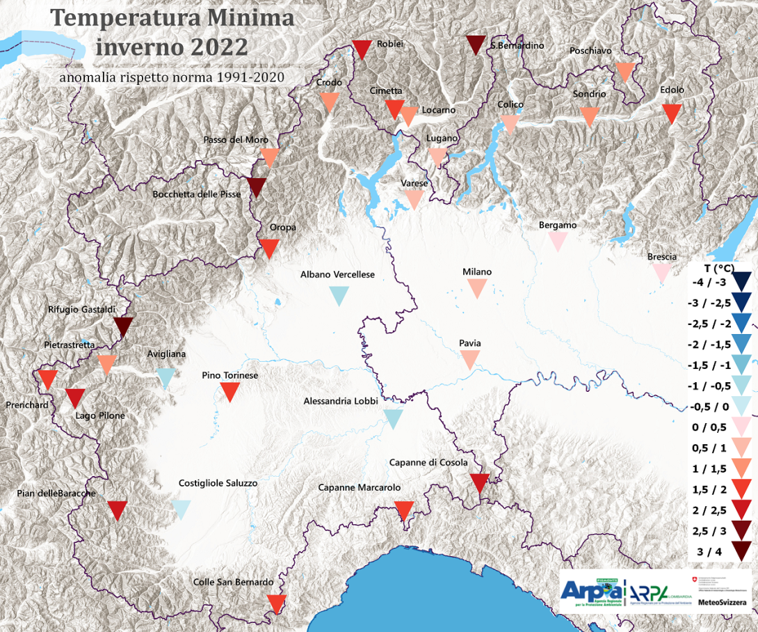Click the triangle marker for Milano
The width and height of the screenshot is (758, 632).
[x=477, y=287]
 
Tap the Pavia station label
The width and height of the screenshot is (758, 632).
[x=470, y=343]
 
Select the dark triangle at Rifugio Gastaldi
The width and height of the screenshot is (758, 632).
[x=123, y=326]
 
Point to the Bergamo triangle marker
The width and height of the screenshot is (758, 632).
[x=557, y=241]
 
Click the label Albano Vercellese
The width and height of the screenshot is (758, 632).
[x=337, y=274]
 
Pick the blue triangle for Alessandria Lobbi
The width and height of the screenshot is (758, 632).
[x=393, y=418]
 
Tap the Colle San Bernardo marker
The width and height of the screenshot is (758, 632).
[x=276, y=603]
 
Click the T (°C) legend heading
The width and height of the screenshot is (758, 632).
[x=717, y=267]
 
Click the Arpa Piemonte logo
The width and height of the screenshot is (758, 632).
[x=592, y=591]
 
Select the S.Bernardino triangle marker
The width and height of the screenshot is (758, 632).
[x=476, y=45]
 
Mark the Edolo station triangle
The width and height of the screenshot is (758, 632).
[x=671, y=113]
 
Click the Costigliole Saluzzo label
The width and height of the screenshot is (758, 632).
[x=218, y=483]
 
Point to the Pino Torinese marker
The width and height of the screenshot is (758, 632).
[x=230, y=392]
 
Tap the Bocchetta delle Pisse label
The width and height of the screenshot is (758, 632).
[x=197, y=194]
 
